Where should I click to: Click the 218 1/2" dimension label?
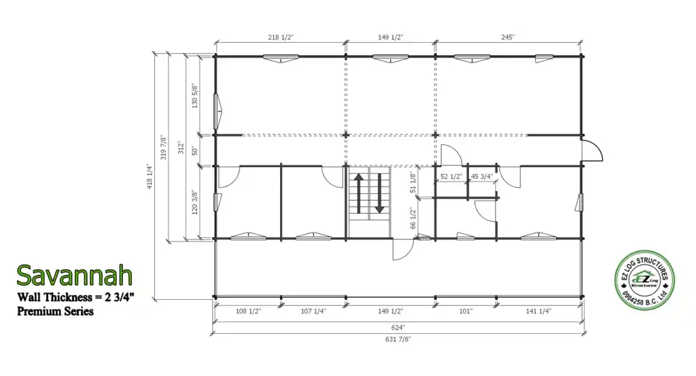281,37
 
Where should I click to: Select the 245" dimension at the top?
508,37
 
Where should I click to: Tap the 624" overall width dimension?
398,328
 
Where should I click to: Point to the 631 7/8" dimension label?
398,339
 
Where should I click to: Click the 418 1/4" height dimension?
150,177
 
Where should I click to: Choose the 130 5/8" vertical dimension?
195,96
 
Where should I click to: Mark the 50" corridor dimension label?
195,151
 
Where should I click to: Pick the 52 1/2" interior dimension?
451,177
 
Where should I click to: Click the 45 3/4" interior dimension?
482,177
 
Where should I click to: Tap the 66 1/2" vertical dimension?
413,218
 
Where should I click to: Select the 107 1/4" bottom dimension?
313,311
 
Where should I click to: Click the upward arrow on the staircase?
359,193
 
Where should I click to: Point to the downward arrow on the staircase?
379,193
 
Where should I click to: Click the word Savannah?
75,275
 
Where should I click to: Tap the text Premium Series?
56,311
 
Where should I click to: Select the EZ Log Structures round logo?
644,280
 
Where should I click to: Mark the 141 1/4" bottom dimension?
538,311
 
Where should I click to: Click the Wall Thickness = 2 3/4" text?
75,297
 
